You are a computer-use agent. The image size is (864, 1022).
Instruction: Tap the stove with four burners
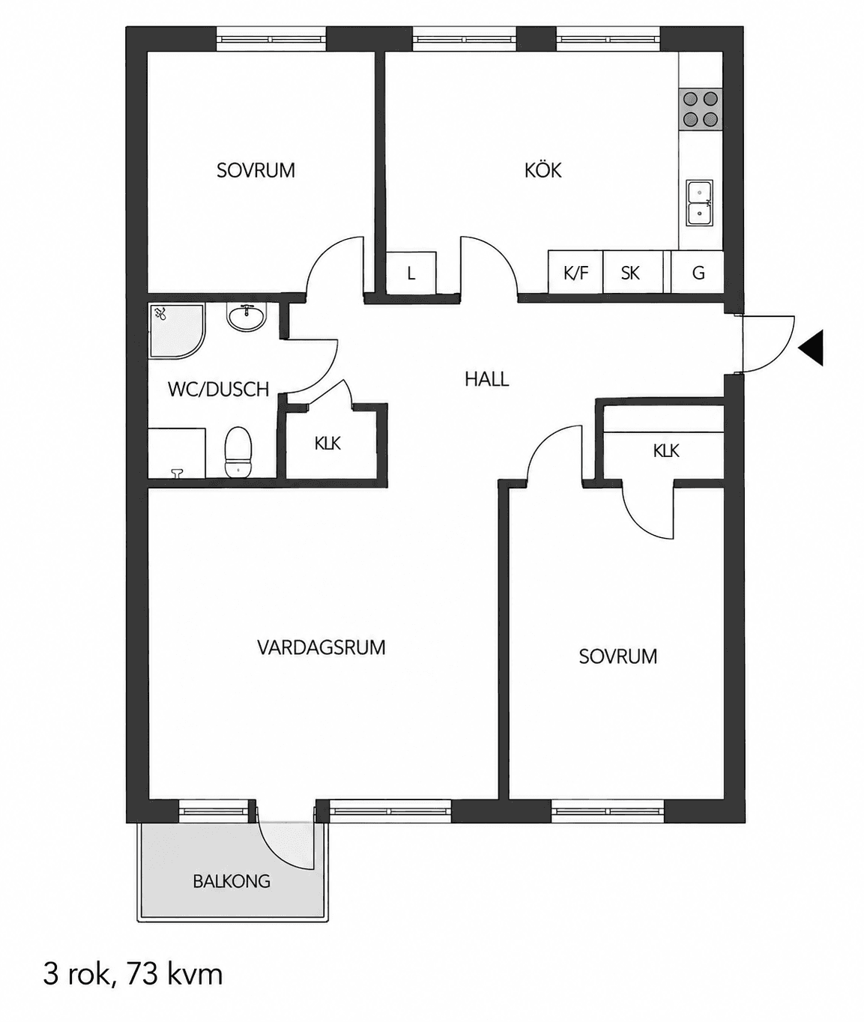[x=701, y=109]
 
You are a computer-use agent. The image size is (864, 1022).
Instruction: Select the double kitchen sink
[x=700, y=203]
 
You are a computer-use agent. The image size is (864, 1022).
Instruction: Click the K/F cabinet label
[x=576, y=273]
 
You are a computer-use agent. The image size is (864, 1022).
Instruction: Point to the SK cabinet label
[x=630, y=273]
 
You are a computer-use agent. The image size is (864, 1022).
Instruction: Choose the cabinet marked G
[x=698, y=273]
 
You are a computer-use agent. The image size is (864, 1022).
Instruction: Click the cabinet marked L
[x=411, y=273]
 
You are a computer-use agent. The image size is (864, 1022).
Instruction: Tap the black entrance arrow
[x=811, y=347]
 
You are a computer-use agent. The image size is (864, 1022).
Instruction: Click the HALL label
[x=486, y=379]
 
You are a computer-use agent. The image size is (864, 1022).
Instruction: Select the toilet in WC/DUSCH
[x=238, y=452]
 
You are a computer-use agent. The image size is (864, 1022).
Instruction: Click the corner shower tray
[x=177, y=330]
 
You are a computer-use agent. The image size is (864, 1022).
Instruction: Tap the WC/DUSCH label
[x=218, y=390]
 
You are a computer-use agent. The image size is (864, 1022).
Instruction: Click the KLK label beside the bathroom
[x=327, y=444]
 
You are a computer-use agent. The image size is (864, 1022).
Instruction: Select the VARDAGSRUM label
[x=321, y=647]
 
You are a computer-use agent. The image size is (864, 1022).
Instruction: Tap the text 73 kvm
[x=175, y=974]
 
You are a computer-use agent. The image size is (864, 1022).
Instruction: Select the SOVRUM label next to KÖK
[x=256, y=170]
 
